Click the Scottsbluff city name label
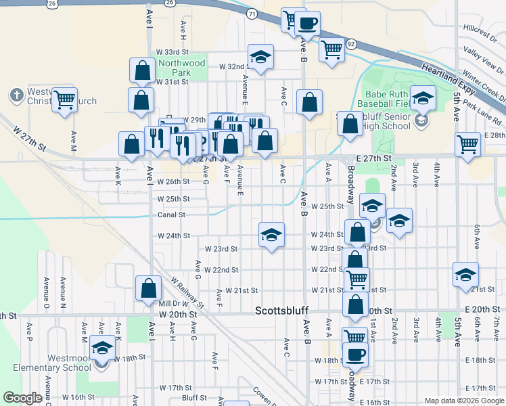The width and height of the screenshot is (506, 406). point(282,311)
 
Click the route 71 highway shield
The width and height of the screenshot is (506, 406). point(252,14)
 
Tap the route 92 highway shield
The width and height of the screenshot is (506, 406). point(350,43)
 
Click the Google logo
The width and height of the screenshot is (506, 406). point(22,398)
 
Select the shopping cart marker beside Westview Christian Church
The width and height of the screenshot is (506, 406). point(64,100)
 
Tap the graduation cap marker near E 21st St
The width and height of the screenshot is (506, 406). point(466,274)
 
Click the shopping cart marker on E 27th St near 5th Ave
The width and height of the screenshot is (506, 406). point(468,144)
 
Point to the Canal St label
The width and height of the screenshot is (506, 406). point(171,215)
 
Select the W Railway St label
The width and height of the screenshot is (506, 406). point(187,291)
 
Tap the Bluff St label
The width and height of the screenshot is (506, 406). point(193,398)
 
